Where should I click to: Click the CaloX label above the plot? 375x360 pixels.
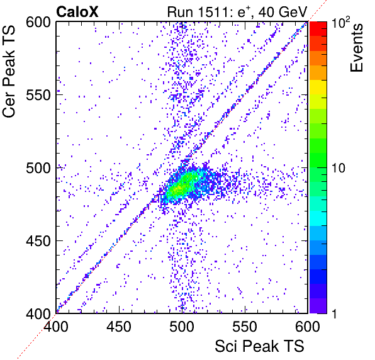[x=77, y=12]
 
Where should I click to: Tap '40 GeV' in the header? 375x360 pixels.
[x=283, y=13]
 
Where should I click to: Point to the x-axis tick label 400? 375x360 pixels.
[x=56, y=326]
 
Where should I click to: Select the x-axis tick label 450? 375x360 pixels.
[x=119, y=326]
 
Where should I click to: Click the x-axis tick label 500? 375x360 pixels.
[x=182, y=326]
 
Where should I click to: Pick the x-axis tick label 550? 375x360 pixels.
[x=245, y=326]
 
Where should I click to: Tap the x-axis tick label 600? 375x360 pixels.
[x=308, y=326]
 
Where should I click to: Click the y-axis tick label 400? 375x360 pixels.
[x=38, y=313]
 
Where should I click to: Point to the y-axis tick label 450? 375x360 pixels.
[x=38, y=240]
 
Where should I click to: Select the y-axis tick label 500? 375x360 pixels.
[x=38, y=168]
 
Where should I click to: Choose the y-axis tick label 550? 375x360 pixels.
[x=38, y=95]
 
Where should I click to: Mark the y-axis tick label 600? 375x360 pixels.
[x=38, y=23]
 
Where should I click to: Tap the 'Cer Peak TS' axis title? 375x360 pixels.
[x=9, y=71]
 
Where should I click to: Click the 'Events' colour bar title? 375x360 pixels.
[x=356, y=48]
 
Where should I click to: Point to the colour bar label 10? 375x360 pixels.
[x=339, y=168]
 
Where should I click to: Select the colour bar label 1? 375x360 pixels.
[x=335, y=313]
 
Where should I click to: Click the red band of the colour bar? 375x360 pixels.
[x=318, y=29]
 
